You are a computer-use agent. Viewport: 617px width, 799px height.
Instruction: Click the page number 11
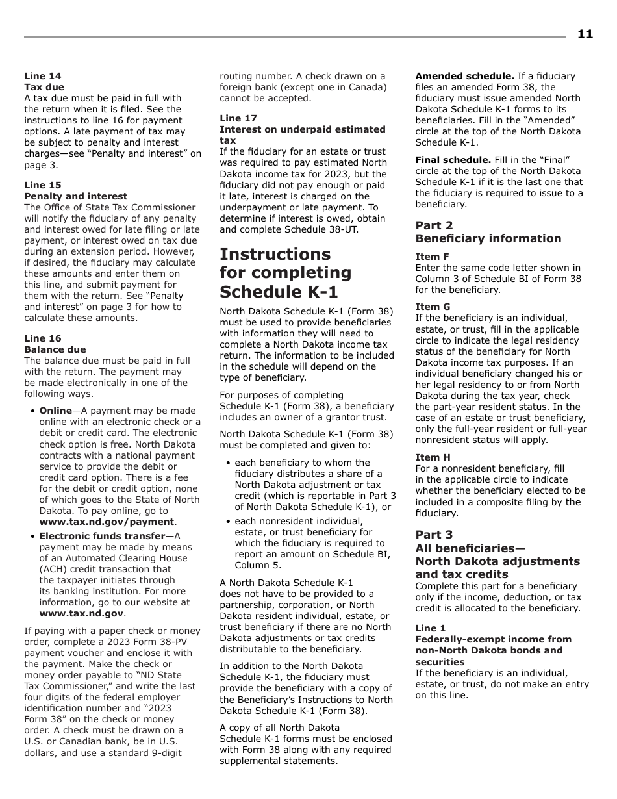coord(585,34)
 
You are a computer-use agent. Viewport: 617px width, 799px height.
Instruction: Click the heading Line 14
coord(43,76)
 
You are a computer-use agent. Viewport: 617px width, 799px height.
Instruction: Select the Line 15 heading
coord(43,185)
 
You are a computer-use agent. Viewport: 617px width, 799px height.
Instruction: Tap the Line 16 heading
coord(43,338)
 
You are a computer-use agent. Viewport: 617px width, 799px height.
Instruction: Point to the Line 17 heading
coord(238,118)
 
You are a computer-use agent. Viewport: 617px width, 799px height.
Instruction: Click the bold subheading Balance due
coord(55,349)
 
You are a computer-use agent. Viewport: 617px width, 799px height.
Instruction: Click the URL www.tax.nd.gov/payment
coord(107,522)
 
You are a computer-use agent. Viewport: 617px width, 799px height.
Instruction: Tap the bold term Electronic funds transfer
coord(102,536)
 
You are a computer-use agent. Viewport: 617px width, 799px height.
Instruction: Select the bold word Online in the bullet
coord(55,411)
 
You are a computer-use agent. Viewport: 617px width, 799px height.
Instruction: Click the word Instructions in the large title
coord(275,254)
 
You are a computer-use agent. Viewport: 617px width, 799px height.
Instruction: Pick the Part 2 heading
coord(434,225)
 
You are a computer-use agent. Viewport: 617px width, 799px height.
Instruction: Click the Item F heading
coord(432,257)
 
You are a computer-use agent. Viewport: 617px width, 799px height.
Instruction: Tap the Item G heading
coord(433,307)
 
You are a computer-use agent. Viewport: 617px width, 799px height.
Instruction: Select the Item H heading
coord(433,457)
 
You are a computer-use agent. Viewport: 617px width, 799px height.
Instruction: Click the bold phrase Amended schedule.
coord(464,76)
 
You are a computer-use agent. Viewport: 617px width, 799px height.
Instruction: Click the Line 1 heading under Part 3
coord(431,628)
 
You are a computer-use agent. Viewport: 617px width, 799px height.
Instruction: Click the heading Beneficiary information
coord(488,238)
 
